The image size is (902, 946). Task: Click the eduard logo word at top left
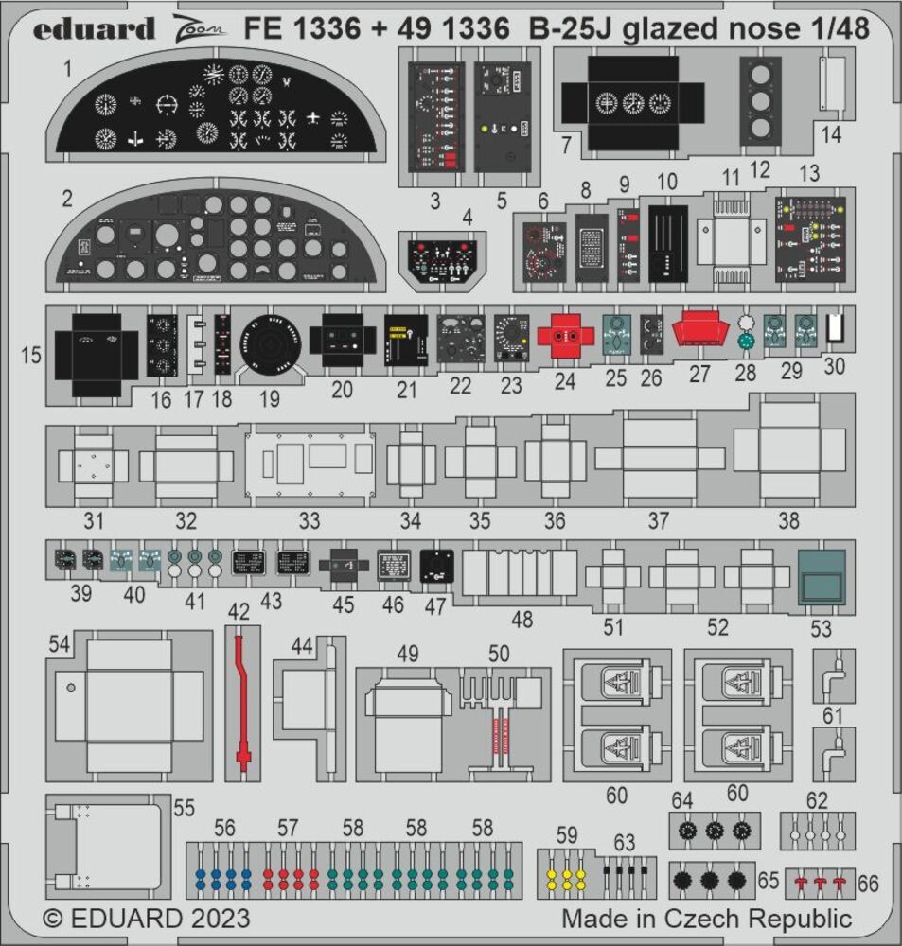(94, 29)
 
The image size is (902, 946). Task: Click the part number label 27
(699, 373)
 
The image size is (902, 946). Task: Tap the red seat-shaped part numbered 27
(699, 333)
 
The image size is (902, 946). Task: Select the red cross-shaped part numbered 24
(565, 336)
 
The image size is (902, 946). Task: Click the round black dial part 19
(270, 343)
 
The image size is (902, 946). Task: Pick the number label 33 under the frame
(310, 520)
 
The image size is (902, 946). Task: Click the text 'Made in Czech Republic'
(706, 918)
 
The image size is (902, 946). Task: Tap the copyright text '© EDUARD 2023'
(147, 919)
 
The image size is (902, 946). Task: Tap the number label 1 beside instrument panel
(67, 68)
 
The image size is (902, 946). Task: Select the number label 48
(521, 620)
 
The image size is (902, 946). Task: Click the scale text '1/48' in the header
(834, 29)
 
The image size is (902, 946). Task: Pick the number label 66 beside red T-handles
(867, 884)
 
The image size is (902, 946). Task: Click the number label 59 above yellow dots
(566, 835)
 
